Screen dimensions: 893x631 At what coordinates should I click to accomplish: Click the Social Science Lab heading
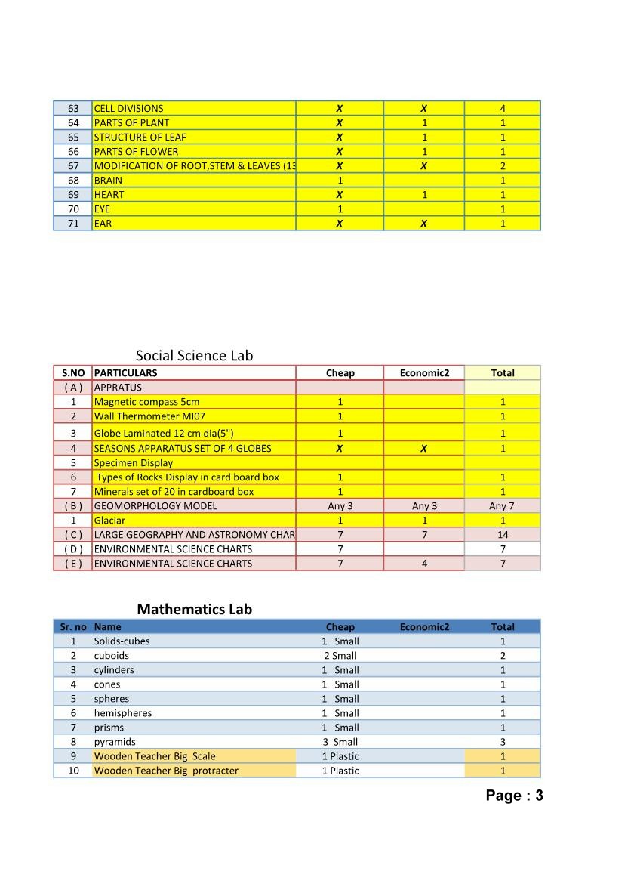194,355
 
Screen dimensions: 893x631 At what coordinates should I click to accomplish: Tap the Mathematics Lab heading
194,609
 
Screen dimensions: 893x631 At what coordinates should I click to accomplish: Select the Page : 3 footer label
514,795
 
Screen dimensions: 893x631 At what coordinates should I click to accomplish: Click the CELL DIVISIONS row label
128,108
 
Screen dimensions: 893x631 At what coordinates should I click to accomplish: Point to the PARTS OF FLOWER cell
136,151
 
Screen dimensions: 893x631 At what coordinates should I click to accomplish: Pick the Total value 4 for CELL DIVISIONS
503,108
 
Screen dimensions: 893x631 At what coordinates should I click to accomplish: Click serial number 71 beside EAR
73,223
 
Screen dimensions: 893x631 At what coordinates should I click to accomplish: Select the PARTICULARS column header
125,372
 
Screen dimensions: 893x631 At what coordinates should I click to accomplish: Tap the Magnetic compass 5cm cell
146,402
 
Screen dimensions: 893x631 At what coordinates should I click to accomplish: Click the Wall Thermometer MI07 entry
149,416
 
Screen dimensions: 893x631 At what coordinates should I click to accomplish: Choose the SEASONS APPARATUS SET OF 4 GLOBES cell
183,448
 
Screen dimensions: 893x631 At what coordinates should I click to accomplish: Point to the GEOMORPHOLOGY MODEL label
155,505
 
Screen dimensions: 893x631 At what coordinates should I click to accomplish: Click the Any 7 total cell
503,505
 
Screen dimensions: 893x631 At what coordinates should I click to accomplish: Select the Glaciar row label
109,520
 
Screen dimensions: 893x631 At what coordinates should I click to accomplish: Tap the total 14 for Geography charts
503,534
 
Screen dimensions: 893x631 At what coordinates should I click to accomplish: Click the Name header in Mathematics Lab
107,626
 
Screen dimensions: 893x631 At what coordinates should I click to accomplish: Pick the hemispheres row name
122,712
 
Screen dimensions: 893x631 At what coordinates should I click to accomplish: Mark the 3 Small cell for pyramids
340,742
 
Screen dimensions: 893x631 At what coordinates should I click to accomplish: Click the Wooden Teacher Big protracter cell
166,771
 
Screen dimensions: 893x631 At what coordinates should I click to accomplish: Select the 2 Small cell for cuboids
340,655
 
